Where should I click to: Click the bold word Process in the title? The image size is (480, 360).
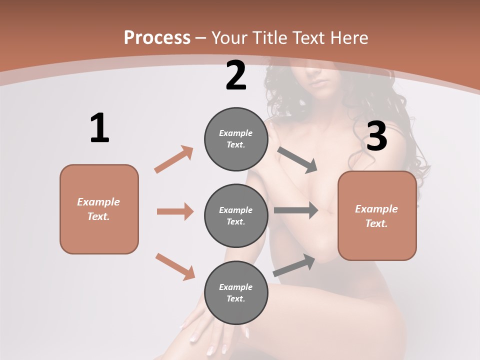[x=157, y=37]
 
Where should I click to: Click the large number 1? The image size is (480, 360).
[x=99, y=128]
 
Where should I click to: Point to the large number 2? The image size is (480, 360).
[x=236, y=75]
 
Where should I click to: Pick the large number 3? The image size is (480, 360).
[x=376, y=135]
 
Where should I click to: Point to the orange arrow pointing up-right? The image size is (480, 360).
[x=174, y=159]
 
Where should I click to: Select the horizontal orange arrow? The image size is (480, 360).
[x=175, y=211]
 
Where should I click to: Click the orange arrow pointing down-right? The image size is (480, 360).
[x=175, y=266]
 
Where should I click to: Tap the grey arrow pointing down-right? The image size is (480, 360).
[x=297, y=159]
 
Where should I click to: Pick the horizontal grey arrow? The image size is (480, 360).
[x=296, y=210]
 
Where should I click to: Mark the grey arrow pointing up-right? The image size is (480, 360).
[x=294, y=265]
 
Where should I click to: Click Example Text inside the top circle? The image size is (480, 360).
[x=236, y=139]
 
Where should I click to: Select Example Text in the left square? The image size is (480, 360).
[x=99, y=209]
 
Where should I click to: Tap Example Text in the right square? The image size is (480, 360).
[x=377, y=216]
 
